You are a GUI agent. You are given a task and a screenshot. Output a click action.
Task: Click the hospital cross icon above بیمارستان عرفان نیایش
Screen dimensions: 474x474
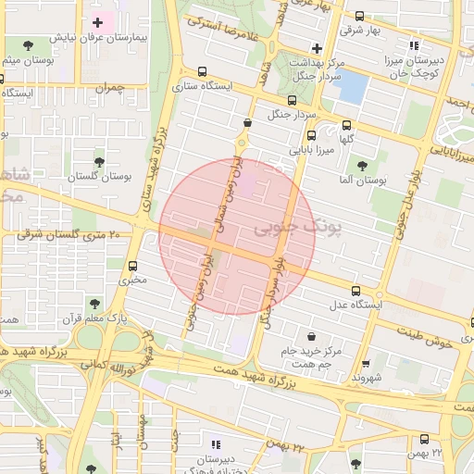pyautogui.click(x=97, y=21)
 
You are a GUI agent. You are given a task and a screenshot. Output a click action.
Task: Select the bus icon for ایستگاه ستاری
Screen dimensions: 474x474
pyautogui.click(x=203, y=70)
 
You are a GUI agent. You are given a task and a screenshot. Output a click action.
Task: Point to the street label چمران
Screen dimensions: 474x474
pyautogui.click(x=109, y=88)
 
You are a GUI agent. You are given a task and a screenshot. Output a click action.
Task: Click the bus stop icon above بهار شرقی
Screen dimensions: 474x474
pyautogui.click(x=359, y=16)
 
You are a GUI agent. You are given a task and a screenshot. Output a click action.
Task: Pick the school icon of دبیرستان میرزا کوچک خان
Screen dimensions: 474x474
pyautogui.click(x=413, y=44)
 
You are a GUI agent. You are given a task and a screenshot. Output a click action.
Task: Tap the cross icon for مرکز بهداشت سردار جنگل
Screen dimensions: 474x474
pyautogui.click(x=317, y=48)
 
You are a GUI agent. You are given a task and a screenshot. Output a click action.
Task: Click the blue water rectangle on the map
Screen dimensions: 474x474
pyautogui.click(x=353, y=87)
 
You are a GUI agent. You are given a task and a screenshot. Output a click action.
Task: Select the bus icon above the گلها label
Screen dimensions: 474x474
pyautogui.click(x=347, y=125)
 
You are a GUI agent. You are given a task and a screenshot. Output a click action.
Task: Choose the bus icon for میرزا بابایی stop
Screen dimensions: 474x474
pyautogui.click(x=310, y=135)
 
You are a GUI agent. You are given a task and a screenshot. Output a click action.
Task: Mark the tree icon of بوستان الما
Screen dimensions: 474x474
pyautogui.click(x=361, y=165)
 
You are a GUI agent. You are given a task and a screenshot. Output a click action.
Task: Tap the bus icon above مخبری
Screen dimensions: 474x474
pyautogui.click(x=135, y=264)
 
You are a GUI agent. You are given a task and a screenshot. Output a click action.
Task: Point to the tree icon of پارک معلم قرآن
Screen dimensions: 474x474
pyautogui.click(x=93, y=303)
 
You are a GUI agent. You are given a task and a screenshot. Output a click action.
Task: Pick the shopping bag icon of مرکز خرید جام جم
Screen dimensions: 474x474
pyautogui.click(x=309, y=337)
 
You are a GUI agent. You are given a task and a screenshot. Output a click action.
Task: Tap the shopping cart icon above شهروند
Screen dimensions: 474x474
pyautogui.click(x=368, y=364)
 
